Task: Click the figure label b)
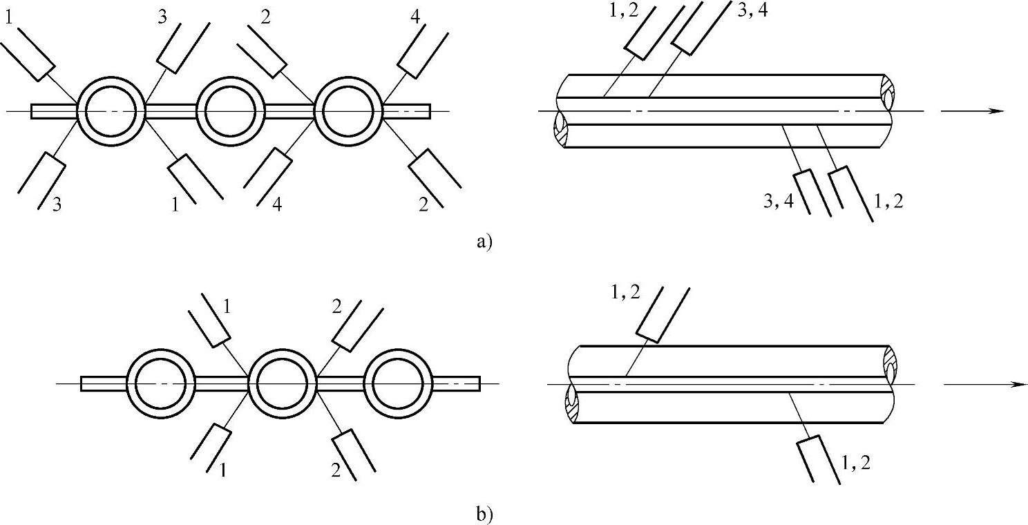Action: tap(484, 514)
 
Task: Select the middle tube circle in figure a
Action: tap(231, 111)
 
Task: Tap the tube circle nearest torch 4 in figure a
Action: tap(349, 111)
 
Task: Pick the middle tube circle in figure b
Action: tap(282, 383)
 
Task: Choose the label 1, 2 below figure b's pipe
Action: tap(855, 464)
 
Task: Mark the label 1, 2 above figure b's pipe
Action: tap(626, 292)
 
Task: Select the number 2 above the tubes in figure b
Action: tap(336, 307)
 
